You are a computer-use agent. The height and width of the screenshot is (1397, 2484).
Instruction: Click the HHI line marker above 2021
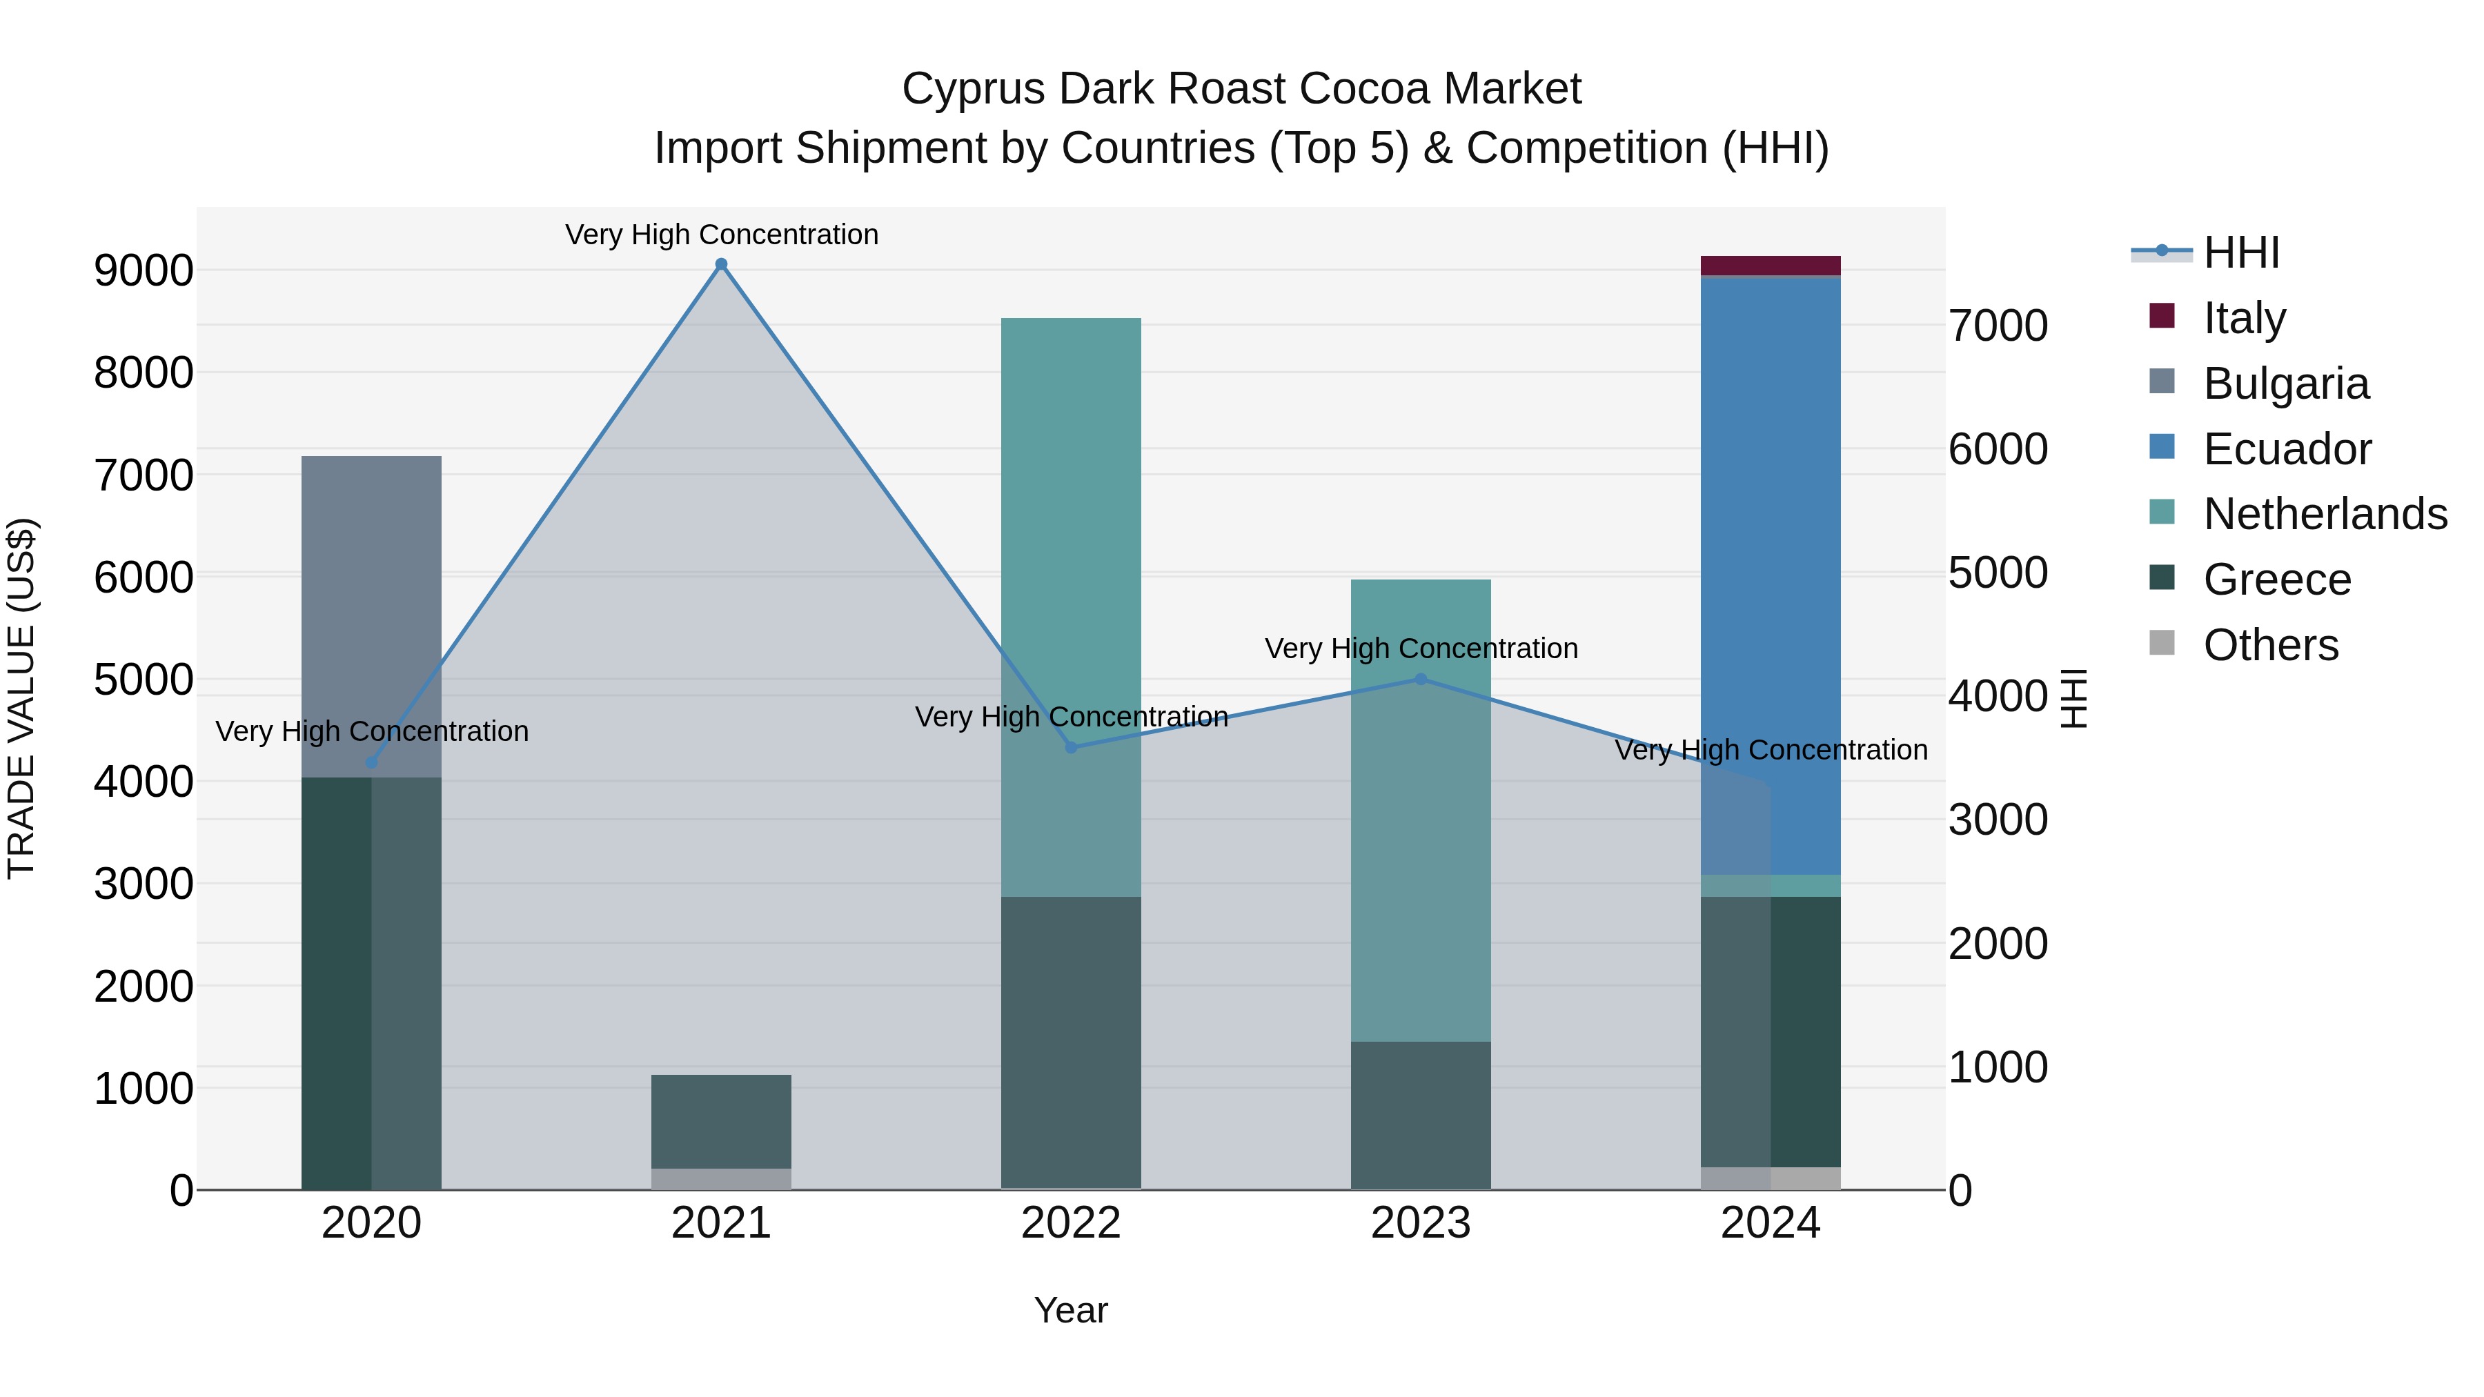click(721, 264)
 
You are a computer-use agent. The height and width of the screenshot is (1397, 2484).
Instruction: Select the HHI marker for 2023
click(1421, 679)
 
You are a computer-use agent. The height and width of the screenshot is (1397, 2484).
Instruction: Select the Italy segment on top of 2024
click(1771, 265)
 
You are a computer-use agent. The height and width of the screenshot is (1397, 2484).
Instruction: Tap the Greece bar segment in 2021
click(721, 1121)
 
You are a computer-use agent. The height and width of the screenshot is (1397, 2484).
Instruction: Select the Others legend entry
click(2270, 645)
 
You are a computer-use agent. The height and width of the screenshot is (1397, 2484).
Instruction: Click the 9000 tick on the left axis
click(143, 271)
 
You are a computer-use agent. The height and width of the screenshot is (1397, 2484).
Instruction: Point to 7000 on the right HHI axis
click(1998, 326)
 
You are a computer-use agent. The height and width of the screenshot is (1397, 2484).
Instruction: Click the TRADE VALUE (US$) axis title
click(21, 698)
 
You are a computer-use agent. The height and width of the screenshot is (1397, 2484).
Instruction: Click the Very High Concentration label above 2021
click(721, 235)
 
